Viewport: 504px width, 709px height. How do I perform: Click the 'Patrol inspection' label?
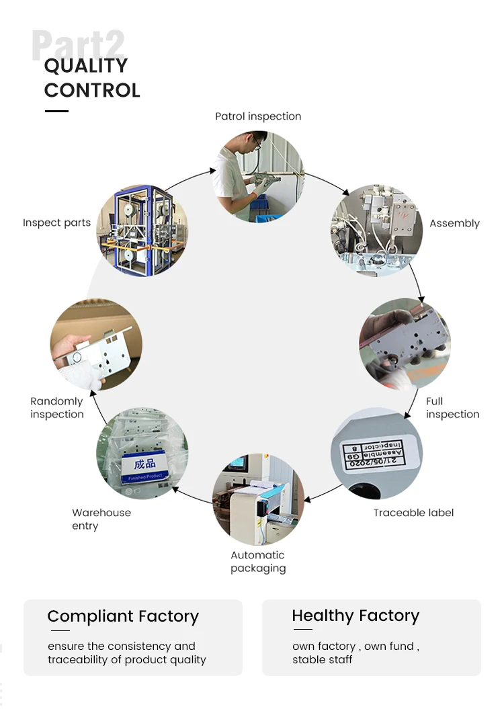click(x=258, y=116)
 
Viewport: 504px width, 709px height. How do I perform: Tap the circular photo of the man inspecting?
click(x=259, y=176)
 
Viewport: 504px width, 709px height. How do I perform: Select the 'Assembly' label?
click(x=454, y=223)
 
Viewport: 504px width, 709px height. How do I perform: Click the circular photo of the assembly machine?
click(x=376, y=230)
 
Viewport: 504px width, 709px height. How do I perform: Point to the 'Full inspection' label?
click(x=452, y=408)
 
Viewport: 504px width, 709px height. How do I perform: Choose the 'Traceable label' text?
click(x=413, y=513)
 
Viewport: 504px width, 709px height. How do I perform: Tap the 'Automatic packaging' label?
click(x=258, y=562)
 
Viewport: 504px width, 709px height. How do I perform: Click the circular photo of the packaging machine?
click(x=258, y=499)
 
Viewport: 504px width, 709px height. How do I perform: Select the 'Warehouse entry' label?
click(x=101, y=519)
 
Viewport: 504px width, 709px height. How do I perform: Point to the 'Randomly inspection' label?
click(x=56, y=408)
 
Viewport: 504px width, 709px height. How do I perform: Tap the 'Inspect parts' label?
click(x=56, y=223)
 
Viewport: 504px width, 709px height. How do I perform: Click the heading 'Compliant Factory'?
click(x=123, y=616)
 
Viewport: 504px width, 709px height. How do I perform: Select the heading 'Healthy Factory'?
click(x=355, y=616)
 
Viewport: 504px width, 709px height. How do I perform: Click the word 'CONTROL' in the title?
click(x=92, y=90)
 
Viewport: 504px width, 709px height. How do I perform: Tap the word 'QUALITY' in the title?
click(x=86, y=66)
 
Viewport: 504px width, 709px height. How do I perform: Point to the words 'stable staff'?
click(x=322, y=660)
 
